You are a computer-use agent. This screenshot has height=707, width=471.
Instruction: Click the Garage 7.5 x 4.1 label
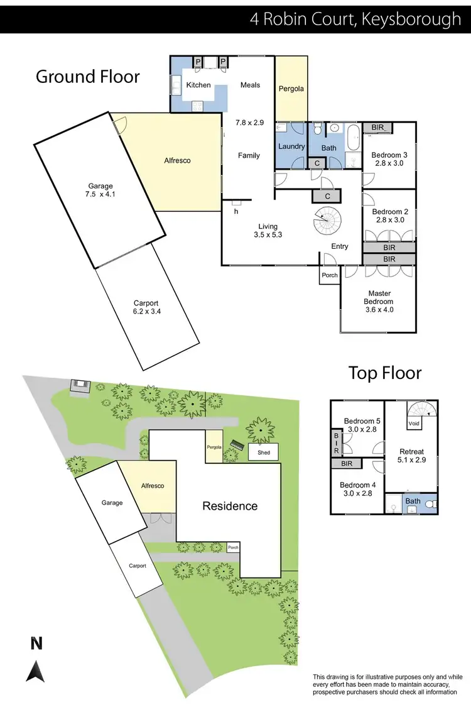[x=100, y=190]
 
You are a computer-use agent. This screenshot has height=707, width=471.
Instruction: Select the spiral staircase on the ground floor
[x=326, y=221]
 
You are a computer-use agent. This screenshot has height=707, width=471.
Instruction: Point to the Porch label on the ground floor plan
[x=329, y=275]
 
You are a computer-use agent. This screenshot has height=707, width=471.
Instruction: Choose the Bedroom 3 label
[x=389, y=158]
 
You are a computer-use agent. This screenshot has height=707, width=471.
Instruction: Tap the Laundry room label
[x=291, y=146]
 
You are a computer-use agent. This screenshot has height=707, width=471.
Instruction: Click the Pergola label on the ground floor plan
[x=291, y=89]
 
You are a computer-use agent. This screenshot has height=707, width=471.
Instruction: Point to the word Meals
[x=250, y=85]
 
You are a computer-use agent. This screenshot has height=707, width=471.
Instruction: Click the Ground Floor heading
[x=88, y=77]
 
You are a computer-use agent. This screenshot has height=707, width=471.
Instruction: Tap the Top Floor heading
[x=385, y=373]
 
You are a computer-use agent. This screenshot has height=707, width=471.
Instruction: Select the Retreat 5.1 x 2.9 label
[x=412, y=456]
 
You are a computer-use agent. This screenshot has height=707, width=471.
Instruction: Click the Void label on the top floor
[x=413, y=424]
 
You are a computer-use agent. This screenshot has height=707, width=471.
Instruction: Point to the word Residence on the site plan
[x=230, y=506]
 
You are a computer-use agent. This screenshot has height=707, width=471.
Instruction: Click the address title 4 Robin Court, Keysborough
[x=355, y=19]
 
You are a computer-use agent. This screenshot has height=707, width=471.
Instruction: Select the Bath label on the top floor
[x=413, y=501]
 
